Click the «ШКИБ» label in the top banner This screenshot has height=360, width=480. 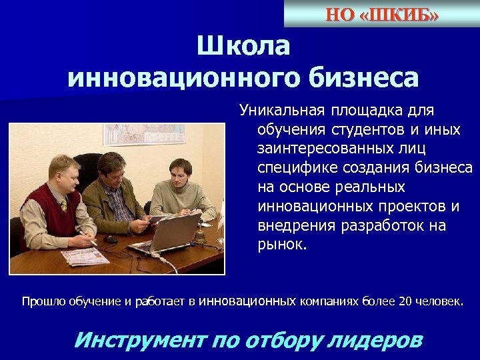point(398,15)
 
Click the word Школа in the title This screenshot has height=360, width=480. point(243,47)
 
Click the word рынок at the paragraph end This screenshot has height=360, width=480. point(281,245)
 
